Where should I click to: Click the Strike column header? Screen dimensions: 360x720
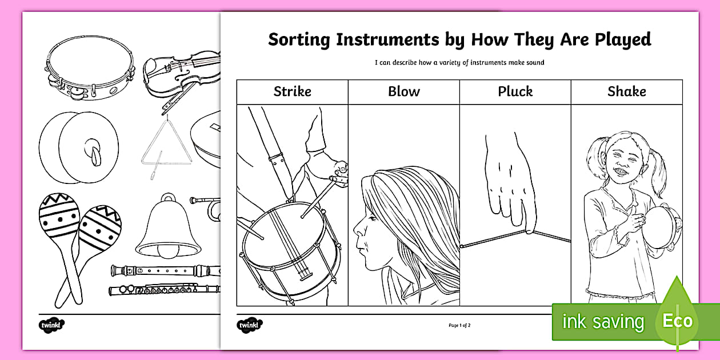[x=292, y=91]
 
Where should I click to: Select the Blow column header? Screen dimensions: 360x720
[x=403, y=91]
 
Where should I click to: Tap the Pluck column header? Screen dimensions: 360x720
[x=515, y=91]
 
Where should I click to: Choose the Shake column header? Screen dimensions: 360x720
[x=626, y=91]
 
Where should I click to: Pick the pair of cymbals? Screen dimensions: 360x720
[x=78, y=147]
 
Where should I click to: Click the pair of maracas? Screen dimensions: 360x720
[x=78, y=240]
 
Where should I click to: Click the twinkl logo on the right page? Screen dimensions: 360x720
[x=250, y=325]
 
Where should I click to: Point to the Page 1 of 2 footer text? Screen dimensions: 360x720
[x=459, y=325]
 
